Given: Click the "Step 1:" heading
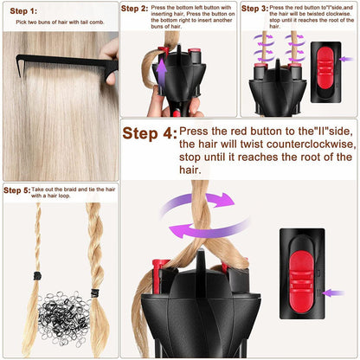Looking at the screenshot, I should (23, 10).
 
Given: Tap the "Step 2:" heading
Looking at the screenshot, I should (134, 9).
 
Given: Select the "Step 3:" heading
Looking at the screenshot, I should (254, 9).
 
